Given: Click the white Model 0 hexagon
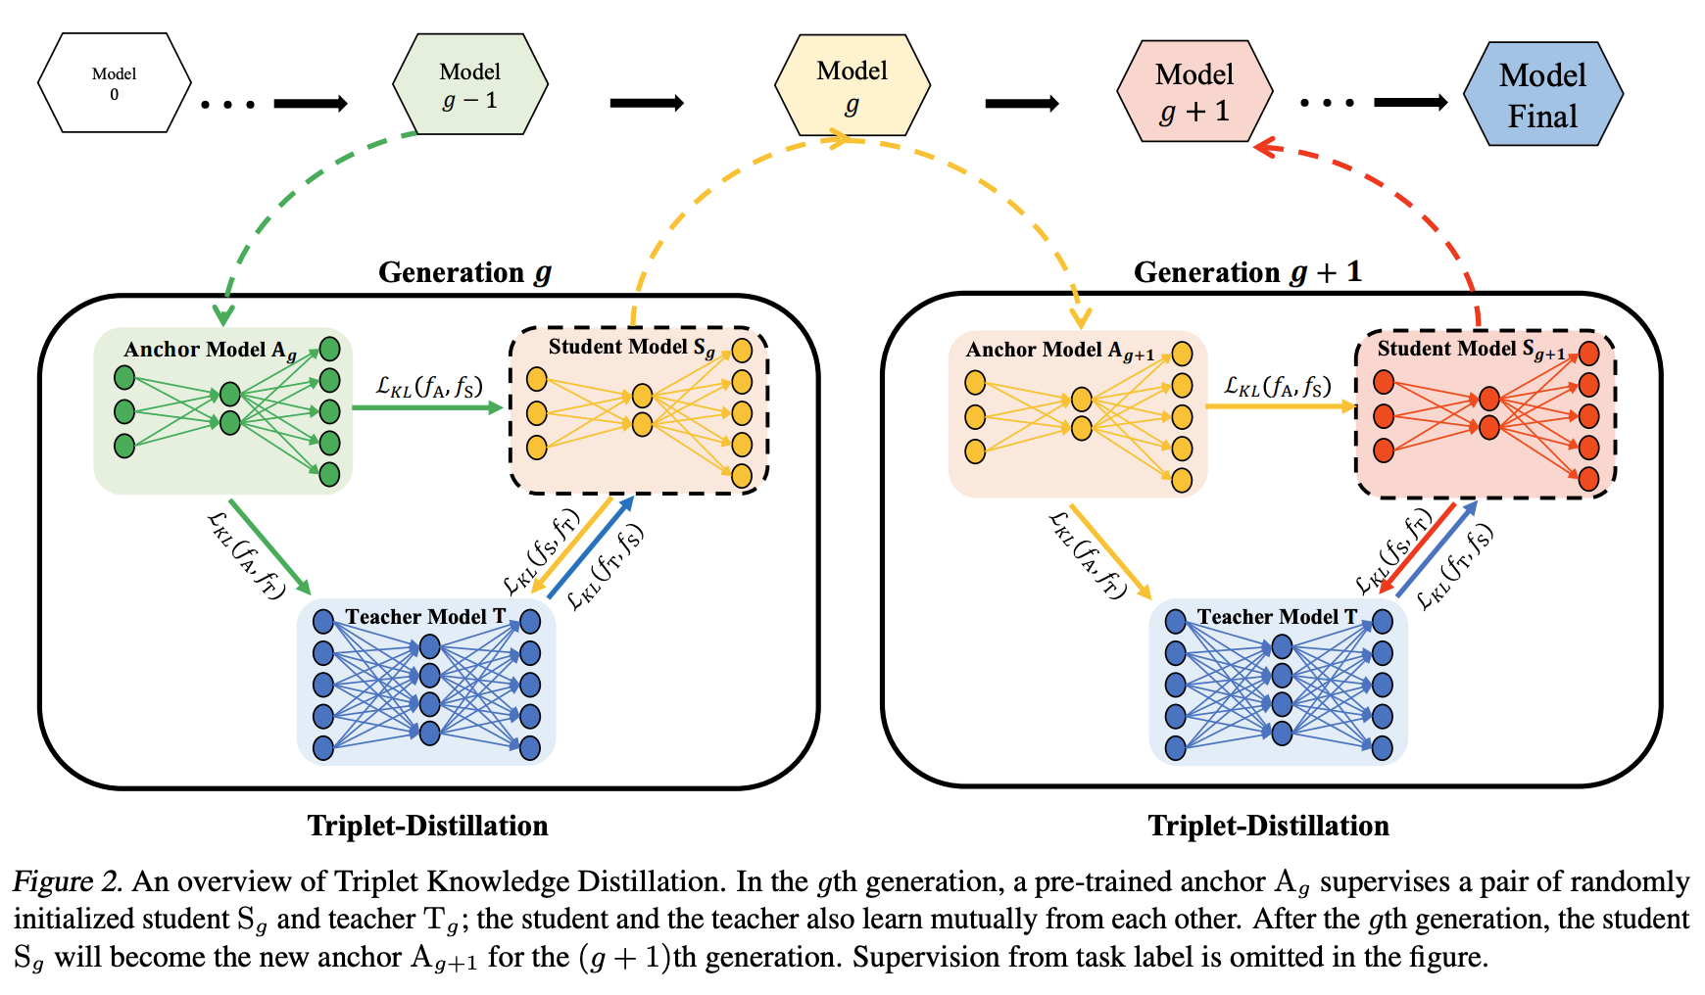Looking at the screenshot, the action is tap(115, 83).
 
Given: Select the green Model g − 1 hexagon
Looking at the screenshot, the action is tap(470, 85).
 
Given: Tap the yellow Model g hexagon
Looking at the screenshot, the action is tap(852, 85).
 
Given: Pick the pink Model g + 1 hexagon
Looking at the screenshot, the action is tap(1194, 91).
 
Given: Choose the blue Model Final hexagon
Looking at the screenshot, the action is tap(1543, 94).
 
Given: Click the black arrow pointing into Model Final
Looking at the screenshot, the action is tap(1411, 103).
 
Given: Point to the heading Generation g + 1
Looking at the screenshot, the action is tap(1247, 272).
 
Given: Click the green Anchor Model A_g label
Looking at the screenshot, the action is tap(210, 351).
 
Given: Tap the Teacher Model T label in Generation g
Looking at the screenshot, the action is tap(425, 617).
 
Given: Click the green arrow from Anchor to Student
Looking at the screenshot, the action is tap(427, 406).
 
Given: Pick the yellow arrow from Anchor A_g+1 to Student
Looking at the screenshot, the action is tap(1281, 405).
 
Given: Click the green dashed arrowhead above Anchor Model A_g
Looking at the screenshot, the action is tap(224, 315).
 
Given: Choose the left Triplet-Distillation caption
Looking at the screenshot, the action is tap(428, 826).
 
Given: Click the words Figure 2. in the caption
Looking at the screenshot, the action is tap(68, 881).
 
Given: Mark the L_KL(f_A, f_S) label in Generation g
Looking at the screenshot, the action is tap(429, 386).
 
